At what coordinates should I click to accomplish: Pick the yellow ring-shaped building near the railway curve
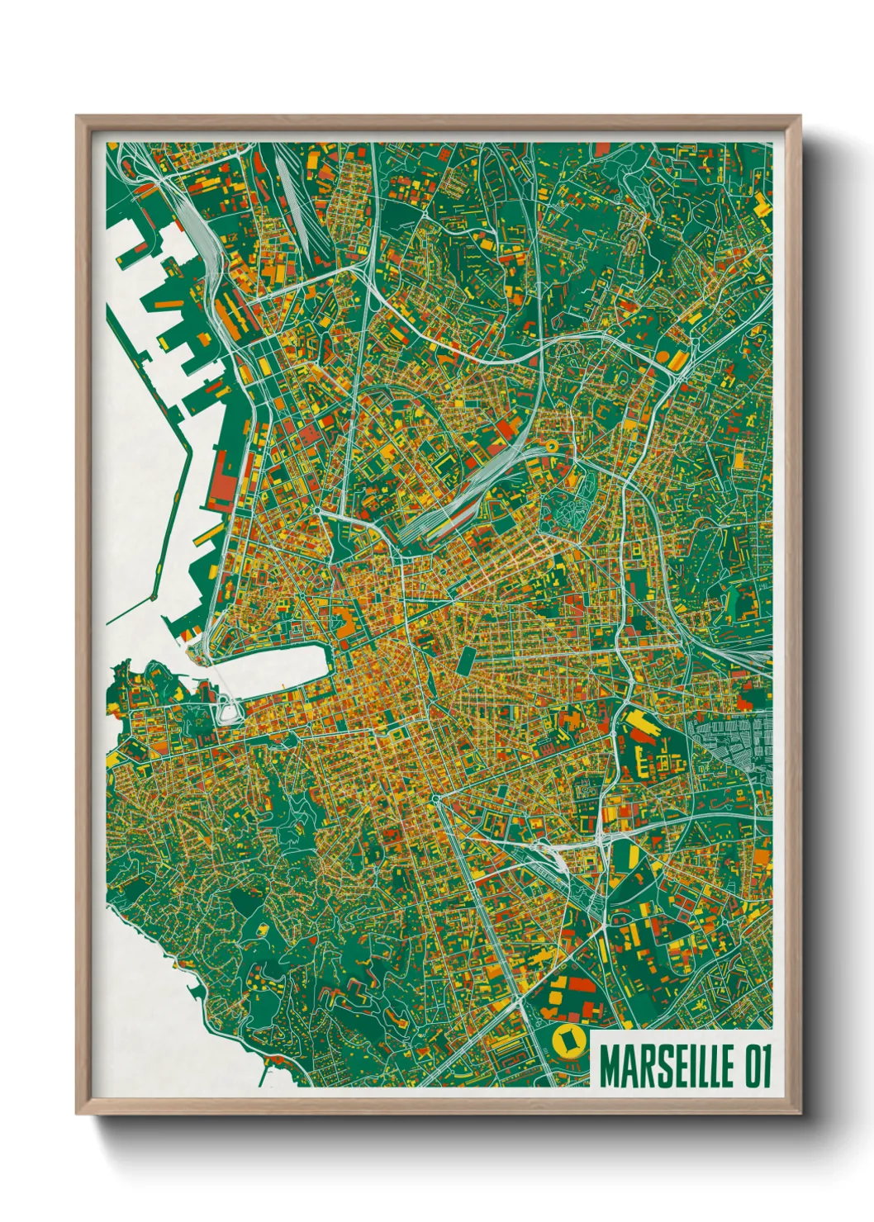tap(550, 448)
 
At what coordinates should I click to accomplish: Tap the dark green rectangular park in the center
tap(465, 661)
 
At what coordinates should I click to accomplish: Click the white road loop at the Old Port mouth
tap(225, 709)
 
